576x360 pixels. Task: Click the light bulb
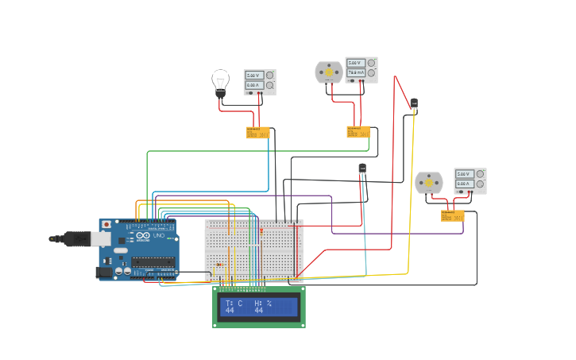click(220, 81)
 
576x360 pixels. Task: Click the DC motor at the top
click(328, 72)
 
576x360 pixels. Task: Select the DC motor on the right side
click(428, 183)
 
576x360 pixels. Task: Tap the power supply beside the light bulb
click(260, 83)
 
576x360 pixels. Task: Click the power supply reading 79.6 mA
click(361, 70)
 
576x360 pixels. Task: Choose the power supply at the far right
click(470, 181)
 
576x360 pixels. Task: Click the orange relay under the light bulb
click(257, 133)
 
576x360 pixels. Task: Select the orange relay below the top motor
click(358, 132)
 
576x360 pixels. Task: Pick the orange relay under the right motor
click(453, 215)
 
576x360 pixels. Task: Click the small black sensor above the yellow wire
click(414, 103)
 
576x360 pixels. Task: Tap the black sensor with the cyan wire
click(362, 168)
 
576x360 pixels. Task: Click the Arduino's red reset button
click(106, 225)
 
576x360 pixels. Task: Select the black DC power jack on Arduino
click(103, 273)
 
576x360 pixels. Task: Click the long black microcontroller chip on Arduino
click(153, 262)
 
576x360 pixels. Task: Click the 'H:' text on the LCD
click(258, 303)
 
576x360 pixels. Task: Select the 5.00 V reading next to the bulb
click(253, 75)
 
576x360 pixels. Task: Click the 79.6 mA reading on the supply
click(355, 72)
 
